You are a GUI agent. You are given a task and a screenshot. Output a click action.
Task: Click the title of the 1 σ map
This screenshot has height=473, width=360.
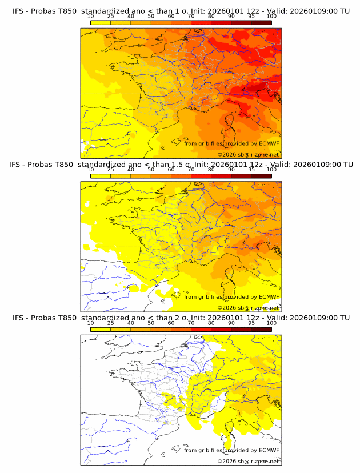[x=181, y=11]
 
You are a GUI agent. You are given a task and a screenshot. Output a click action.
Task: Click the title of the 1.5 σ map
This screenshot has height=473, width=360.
[x=181, y=165]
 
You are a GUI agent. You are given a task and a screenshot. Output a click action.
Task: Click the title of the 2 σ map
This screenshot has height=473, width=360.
[x=181, y=318]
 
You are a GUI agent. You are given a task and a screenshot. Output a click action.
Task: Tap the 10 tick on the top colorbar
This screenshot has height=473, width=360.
[x=91, y=17]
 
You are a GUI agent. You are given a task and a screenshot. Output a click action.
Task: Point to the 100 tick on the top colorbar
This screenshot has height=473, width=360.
[x=271, y=17]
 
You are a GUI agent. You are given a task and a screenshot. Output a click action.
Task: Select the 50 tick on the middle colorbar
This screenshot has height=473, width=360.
[x=151, y=170]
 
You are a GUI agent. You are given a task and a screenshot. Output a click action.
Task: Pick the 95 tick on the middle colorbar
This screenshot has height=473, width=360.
[x=251, y=170]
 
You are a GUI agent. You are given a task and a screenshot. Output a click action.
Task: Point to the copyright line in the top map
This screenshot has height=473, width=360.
[x=248, y=154]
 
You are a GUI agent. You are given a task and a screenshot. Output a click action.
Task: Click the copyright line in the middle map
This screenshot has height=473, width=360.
[x=248, y=307]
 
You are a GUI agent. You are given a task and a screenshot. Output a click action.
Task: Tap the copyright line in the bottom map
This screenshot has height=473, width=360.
[x=248, y=460]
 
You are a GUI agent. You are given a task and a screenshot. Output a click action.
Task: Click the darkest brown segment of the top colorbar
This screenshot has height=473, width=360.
[x=261, y=23]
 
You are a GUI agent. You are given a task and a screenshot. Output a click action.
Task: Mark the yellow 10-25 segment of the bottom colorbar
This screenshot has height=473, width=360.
[x=101, y=330]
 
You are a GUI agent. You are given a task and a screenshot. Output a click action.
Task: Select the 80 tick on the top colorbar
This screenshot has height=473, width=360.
[x=211, y=17]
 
